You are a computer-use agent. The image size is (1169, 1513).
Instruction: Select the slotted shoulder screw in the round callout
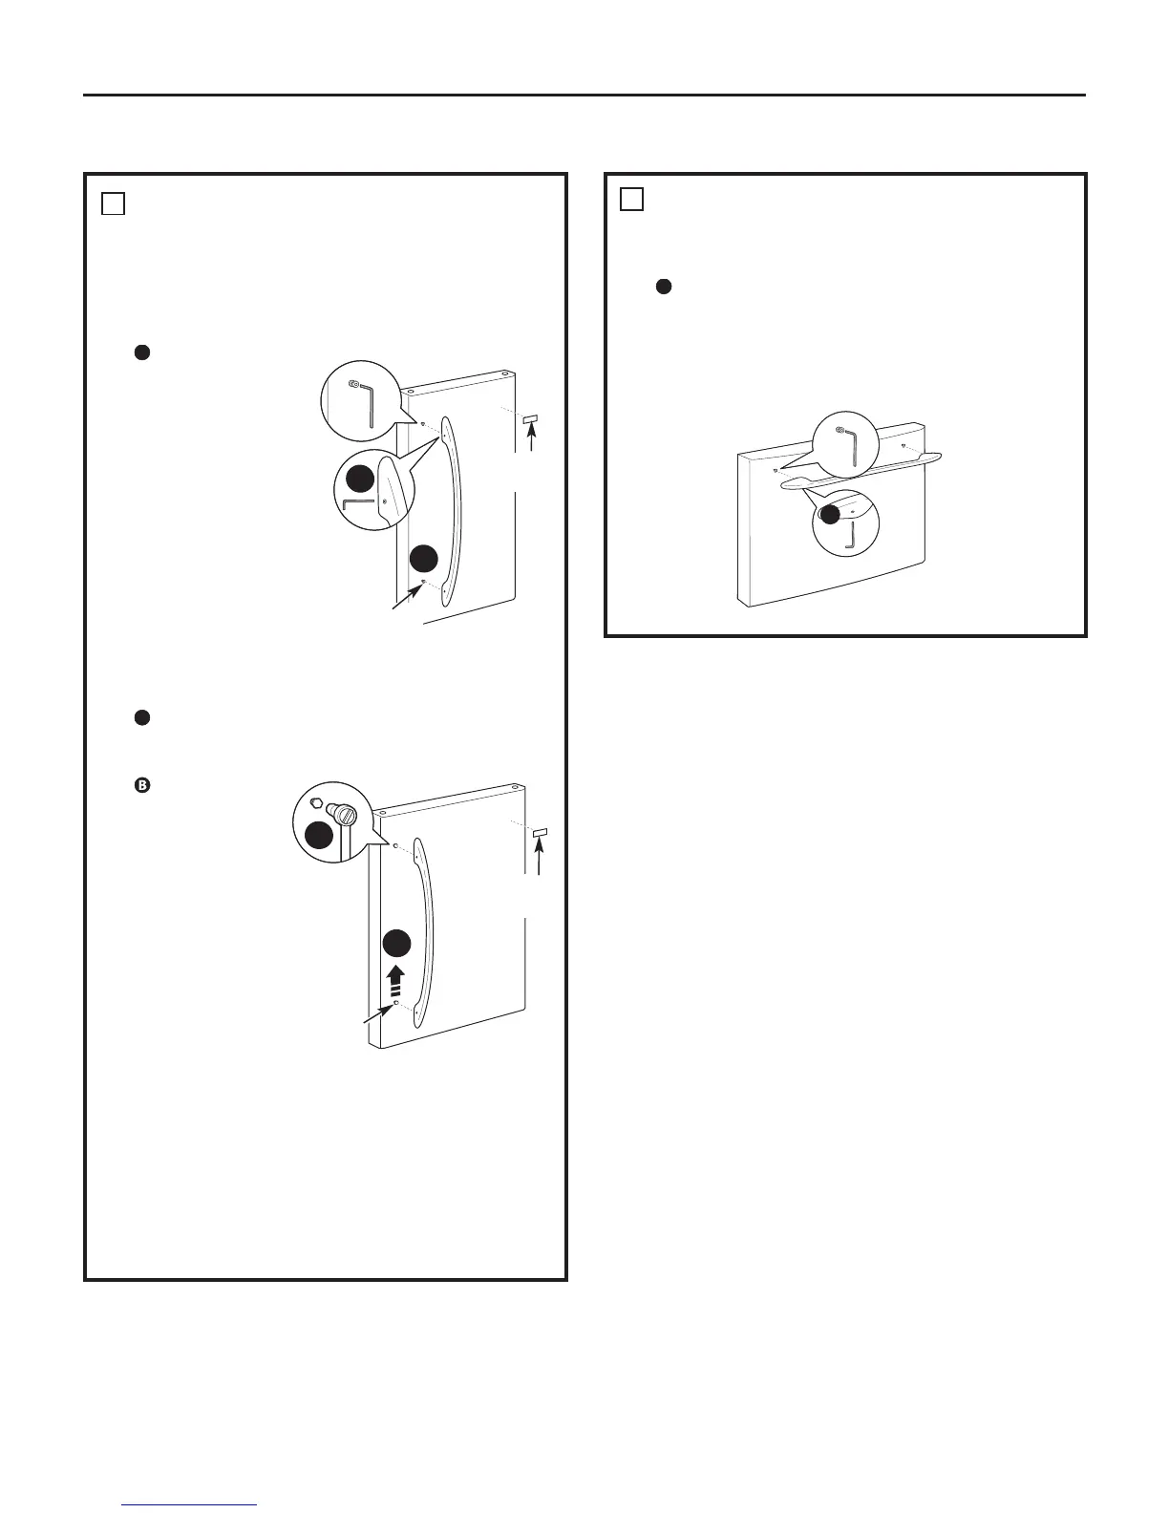[343, 815]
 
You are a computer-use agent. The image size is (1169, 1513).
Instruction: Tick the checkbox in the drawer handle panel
[630, 199]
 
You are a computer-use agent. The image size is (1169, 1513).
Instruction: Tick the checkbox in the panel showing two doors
[113, 203]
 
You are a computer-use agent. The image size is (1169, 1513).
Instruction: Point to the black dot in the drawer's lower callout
[831, 514]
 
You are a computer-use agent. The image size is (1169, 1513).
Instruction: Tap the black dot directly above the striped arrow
[396, 943]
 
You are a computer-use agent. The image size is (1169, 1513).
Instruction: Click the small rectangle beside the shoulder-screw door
[539, 833]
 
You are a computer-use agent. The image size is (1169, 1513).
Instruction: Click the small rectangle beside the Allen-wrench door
[532, 418]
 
